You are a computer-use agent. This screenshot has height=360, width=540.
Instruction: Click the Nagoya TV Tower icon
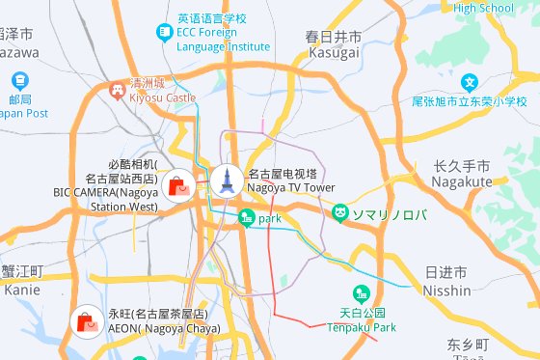click(229, 179)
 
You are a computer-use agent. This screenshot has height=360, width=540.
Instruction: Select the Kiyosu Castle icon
click(118, 90)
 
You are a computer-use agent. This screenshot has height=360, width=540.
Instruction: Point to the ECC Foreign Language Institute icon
click(164, 33)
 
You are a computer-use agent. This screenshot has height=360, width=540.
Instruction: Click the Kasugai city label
click(334, 44)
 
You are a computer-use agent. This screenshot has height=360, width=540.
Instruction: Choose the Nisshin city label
click(447, 282)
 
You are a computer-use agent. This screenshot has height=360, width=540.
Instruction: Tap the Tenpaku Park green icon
click(361, 293)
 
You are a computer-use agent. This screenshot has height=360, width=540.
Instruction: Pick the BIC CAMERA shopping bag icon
click(177, 185)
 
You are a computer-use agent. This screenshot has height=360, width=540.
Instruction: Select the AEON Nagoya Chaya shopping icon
click(87, 322)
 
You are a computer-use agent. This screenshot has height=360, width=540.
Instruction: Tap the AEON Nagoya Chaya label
click(164, 321)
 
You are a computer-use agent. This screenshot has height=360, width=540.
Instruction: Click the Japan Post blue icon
click(19, 81)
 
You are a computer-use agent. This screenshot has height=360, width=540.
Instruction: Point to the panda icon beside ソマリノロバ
click(340, 212)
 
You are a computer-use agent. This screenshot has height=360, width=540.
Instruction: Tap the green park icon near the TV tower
click(245, 219)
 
